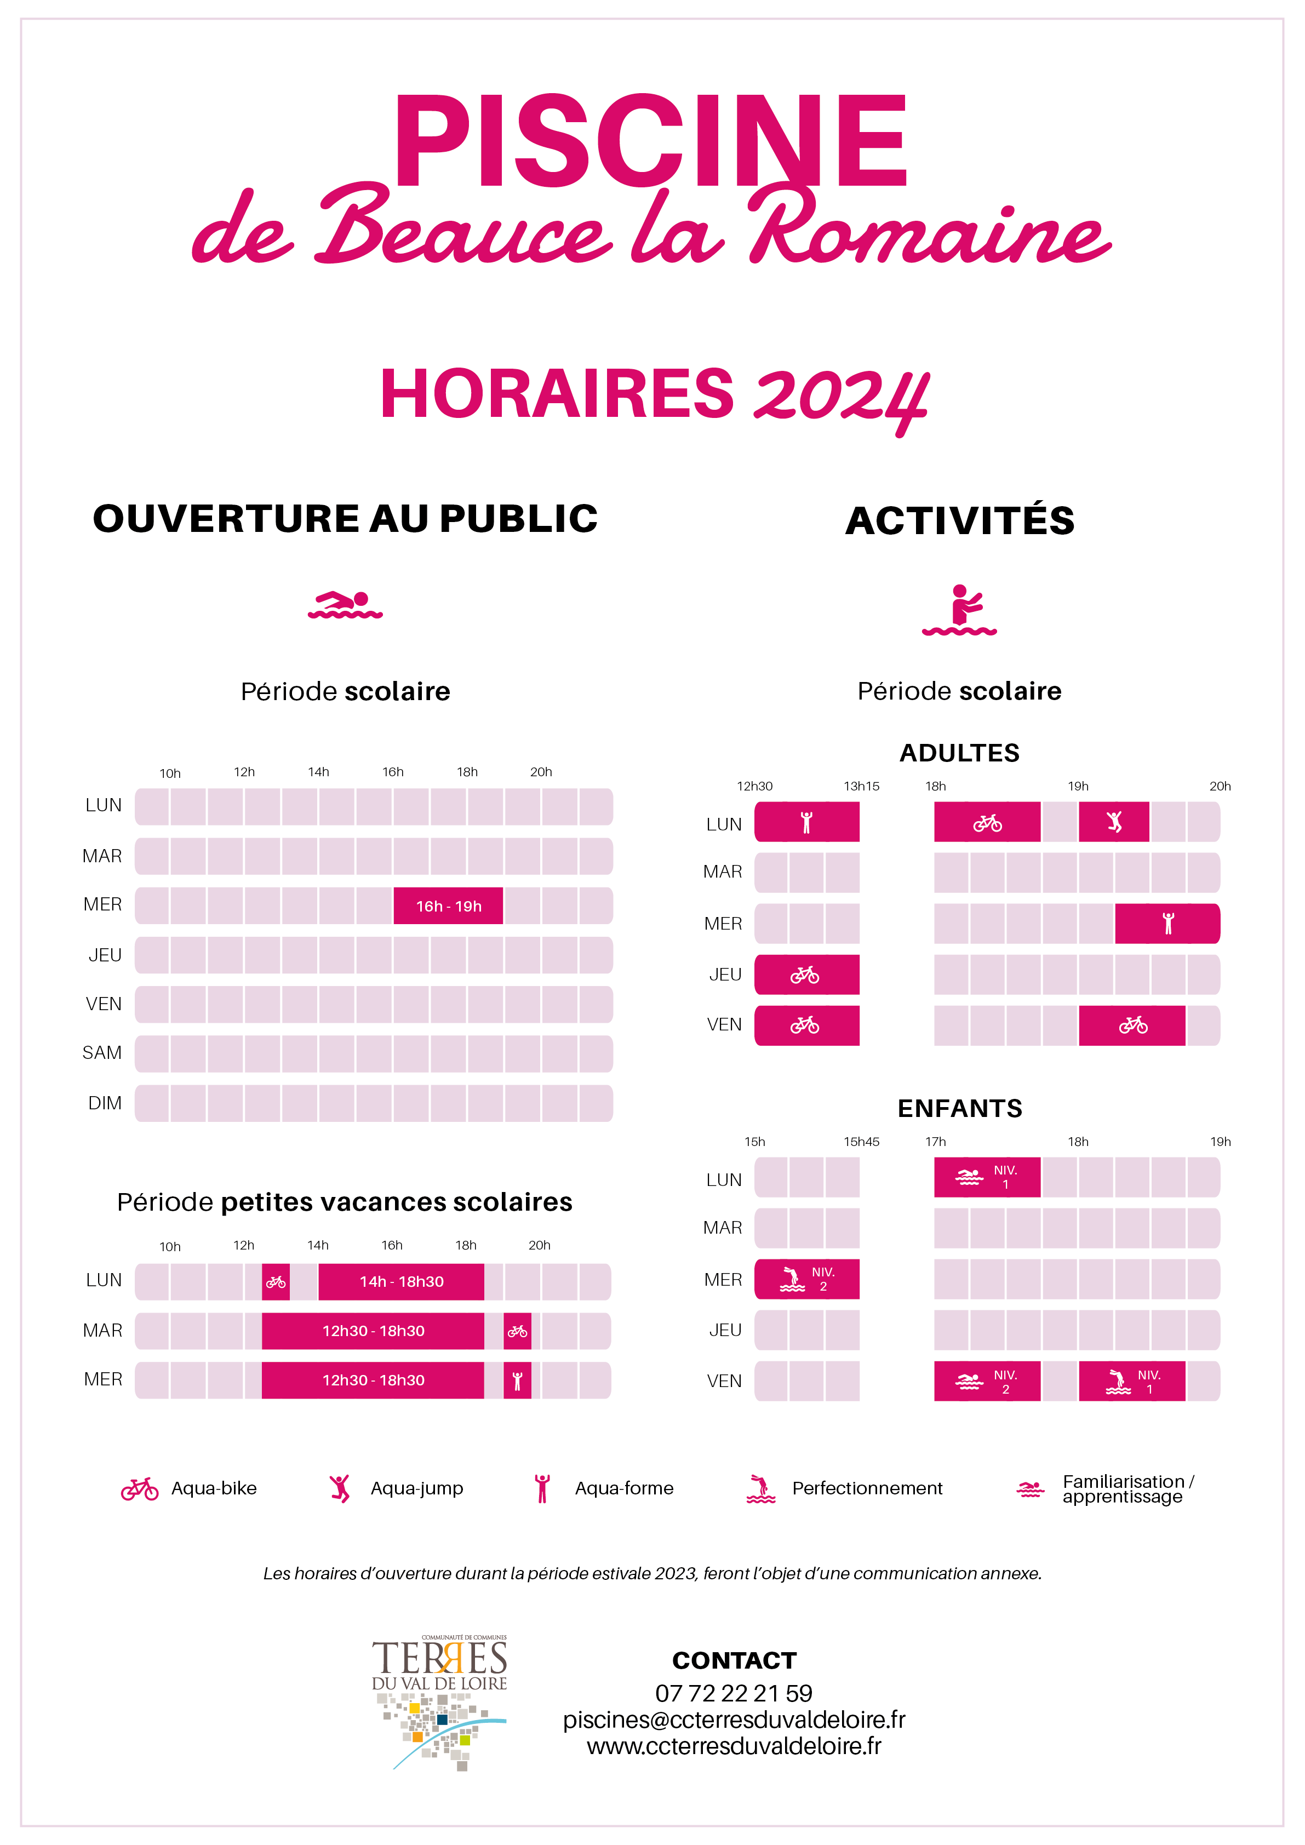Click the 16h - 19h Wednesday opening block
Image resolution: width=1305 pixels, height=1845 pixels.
(x=448, y=906)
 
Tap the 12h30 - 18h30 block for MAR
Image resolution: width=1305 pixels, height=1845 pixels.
(x=373, y=1331)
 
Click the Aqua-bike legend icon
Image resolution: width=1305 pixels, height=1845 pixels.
(x=140, y=1489)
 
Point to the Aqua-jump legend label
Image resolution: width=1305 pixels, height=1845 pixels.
(x=416, y=1488)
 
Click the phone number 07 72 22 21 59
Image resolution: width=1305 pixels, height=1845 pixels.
(x=734, y=1693)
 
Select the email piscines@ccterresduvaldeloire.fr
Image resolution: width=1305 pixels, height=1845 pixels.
(x=734, y=1720)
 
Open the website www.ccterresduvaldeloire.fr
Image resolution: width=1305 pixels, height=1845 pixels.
(x=734, y=1746)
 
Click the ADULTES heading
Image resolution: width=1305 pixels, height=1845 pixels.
(x=959, y=753)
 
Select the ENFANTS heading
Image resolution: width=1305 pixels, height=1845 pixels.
(x=959, y=1108)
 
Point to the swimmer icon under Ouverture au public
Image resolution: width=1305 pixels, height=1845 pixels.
(x=346, y=605)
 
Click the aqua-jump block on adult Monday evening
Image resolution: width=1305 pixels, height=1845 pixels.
(x=1114, y=822)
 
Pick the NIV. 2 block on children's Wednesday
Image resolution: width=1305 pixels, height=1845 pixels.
(x=807, y=1279)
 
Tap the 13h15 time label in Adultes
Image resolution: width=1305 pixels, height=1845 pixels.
(x=861, y=786)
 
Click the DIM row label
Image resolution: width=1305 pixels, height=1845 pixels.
(x=105, y=1103)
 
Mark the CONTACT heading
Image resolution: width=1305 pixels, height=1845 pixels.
(x=734, y=1660)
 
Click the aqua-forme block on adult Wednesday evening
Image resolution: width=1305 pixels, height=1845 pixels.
(x=1167, y=923)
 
